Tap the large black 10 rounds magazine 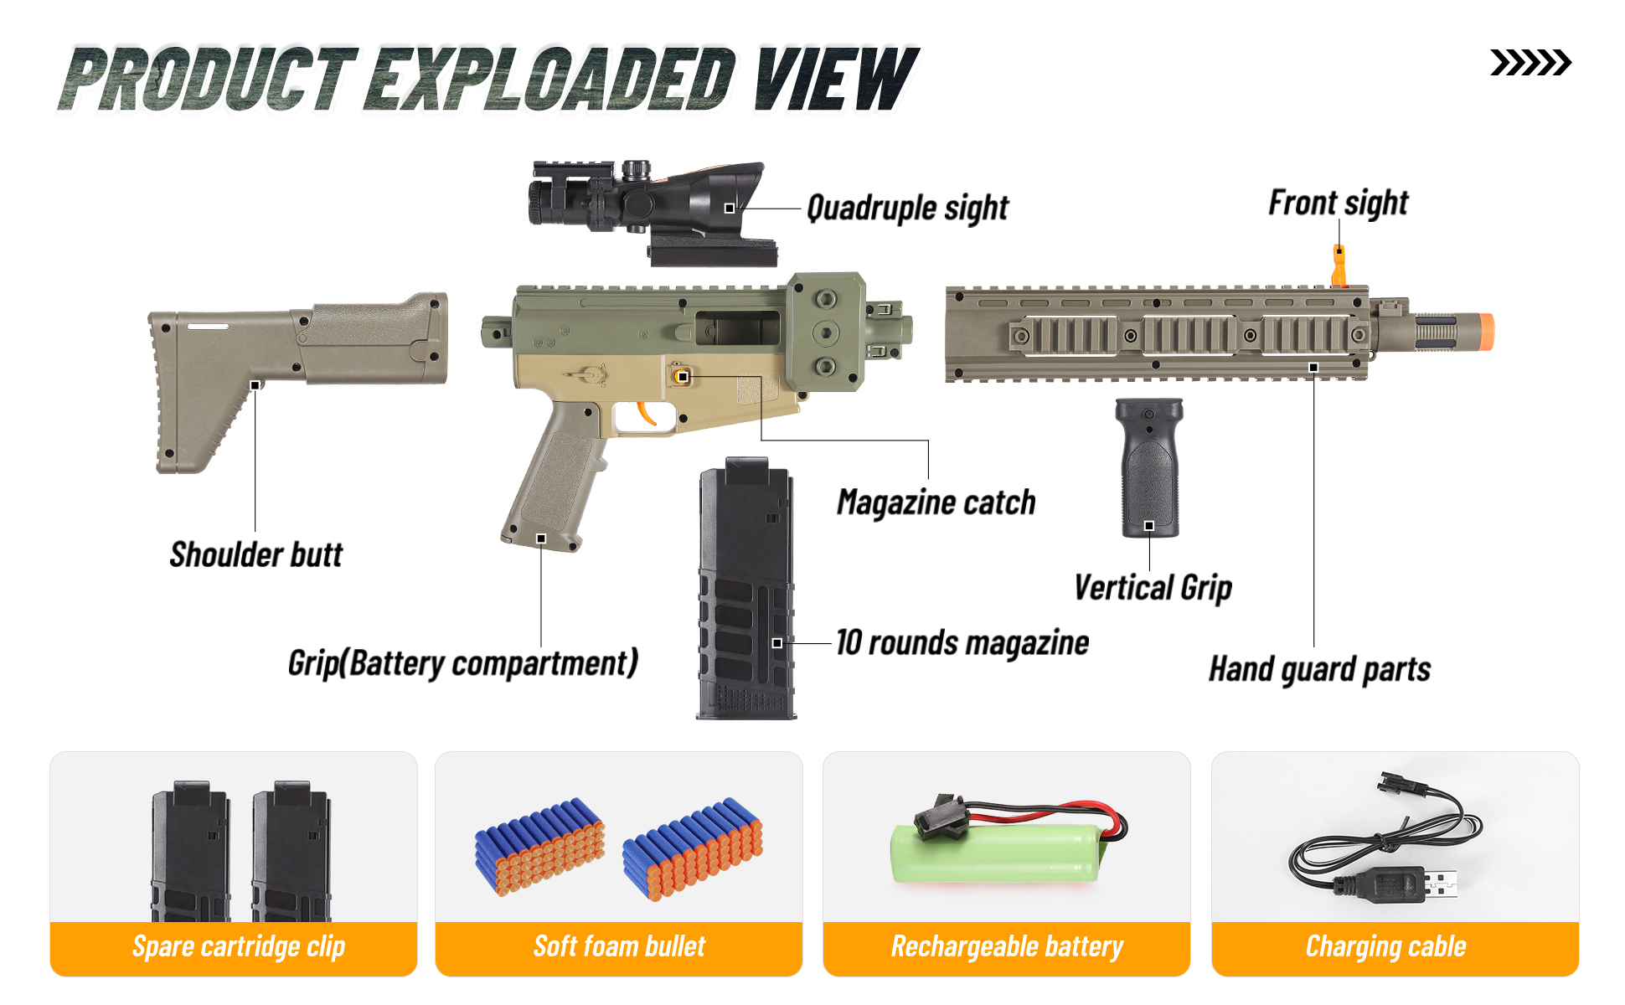(746, 586)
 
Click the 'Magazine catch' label (936, 503)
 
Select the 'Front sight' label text (1338, 204)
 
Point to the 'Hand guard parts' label (1319, 669)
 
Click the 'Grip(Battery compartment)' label (462, 663)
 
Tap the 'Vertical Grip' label (1153, 588)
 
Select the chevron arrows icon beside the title (1530, 63)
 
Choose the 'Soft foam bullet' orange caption (619, 947)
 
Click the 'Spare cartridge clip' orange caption (238, 947)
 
